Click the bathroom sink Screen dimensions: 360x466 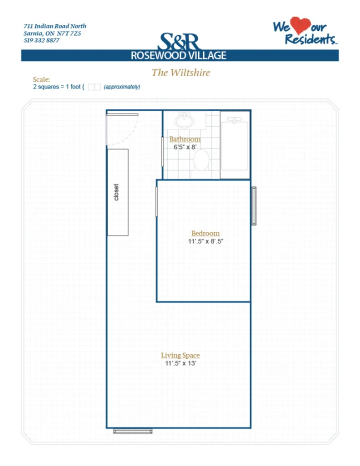[184, 120]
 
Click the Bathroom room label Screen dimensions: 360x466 [185, 139]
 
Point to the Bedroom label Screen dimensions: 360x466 [205, 233]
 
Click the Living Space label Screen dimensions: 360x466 [180, 355]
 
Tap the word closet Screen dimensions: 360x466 [116, 192]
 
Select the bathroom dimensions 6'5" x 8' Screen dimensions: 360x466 [185, 147]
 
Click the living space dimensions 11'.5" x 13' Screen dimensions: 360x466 [180, 363]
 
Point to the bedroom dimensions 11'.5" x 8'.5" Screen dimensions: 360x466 [205, 241]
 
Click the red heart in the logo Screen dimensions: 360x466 [300, 25]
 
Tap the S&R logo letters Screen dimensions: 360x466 [179, 41]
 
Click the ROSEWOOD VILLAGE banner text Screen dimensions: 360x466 [178, 55]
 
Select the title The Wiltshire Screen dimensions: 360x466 [180, 72]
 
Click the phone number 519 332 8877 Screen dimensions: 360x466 [41, 40]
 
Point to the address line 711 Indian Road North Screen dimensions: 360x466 [55, 26]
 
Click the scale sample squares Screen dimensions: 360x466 [94, 87]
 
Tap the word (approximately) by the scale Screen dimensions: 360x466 [122, 87]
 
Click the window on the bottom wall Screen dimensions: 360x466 [133, 431]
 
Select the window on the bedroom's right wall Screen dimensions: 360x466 [254, 206]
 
